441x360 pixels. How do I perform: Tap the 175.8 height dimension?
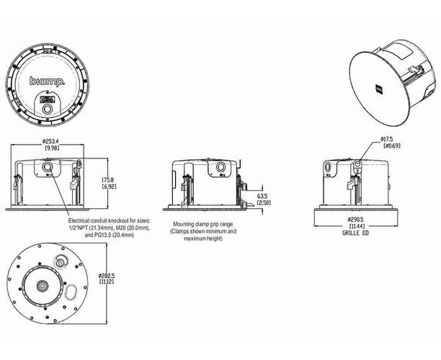(109, 179)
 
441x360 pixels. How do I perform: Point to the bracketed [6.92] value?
(109, 186)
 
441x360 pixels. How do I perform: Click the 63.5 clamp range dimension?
(262, 195)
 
